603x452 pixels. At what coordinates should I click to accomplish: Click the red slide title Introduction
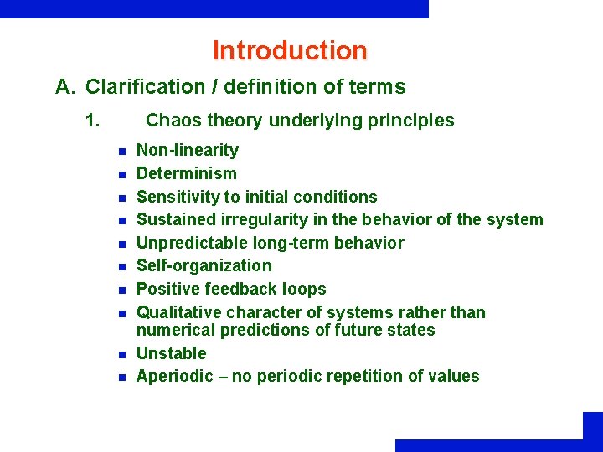290,50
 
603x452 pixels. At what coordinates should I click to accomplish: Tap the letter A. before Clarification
66,87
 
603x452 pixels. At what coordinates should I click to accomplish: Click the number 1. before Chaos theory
93,121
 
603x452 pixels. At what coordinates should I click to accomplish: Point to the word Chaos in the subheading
170,121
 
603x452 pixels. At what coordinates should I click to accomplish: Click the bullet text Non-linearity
187,151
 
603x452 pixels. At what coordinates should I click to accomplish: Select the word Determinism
186,174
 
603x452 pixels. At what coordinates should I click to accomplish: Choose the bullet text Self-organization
204,266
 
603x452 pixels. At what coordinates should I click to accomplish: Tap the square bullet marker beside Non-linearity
121,152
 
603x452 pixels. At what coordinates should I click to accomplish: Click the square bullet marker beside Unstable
121,354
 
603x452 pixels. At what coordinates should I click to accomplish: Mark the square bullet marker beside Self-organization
121,267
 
